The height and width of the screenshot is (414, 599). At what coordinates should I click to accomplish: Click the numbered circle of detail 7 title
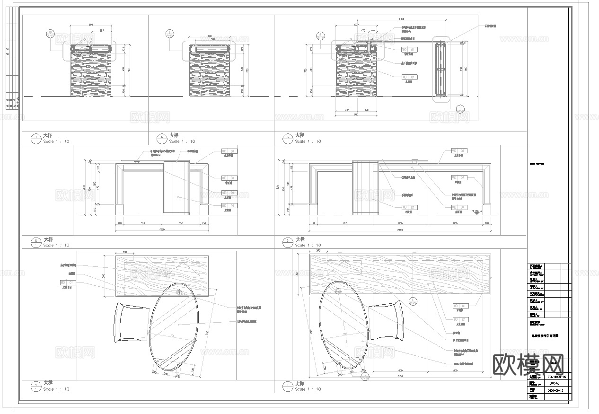pyautogui.click(x=35, y=138)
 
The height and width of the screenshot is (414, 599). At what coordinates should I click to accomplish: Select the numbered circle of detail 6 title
pyautogui.click(x=161, y=138)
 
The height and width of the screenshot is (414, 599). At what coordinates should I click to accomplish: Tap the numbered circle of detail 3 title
pyautogui.click(x=287, y=138)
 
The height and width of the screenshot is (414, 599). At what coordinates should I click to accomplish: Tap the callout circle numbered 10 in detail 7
pyautogui.click(x=51, y=33)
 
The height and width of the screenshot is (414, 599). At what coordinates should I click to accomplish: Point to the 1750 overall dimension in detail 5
pyautogui.click(x=162, y=230)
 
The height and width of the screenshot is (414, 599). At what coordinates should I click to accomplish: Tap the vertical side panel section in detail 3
pyautogui.click(x=441, y=70)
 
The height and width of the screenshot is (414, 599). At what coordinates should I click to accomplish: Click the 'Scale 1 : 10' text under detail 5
pyautogui.click(x=56, y=246)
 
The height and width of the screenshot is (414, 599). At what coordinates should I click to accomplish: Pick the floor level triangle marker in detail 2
pyautogui.click(x=476, y=213)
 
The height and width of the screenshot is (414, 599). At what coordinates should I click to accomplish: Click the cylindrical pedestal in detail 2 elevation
pyautogui.click(x=366, y=187)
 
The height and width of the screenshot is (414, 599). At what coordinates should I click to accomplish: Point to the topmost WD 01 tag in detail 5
pyautogui.click(x=229, y=151)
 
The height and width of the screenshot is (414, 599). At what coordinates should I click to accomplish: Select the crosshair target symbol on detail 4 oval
pyautogui.click(x=179, y=293)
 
